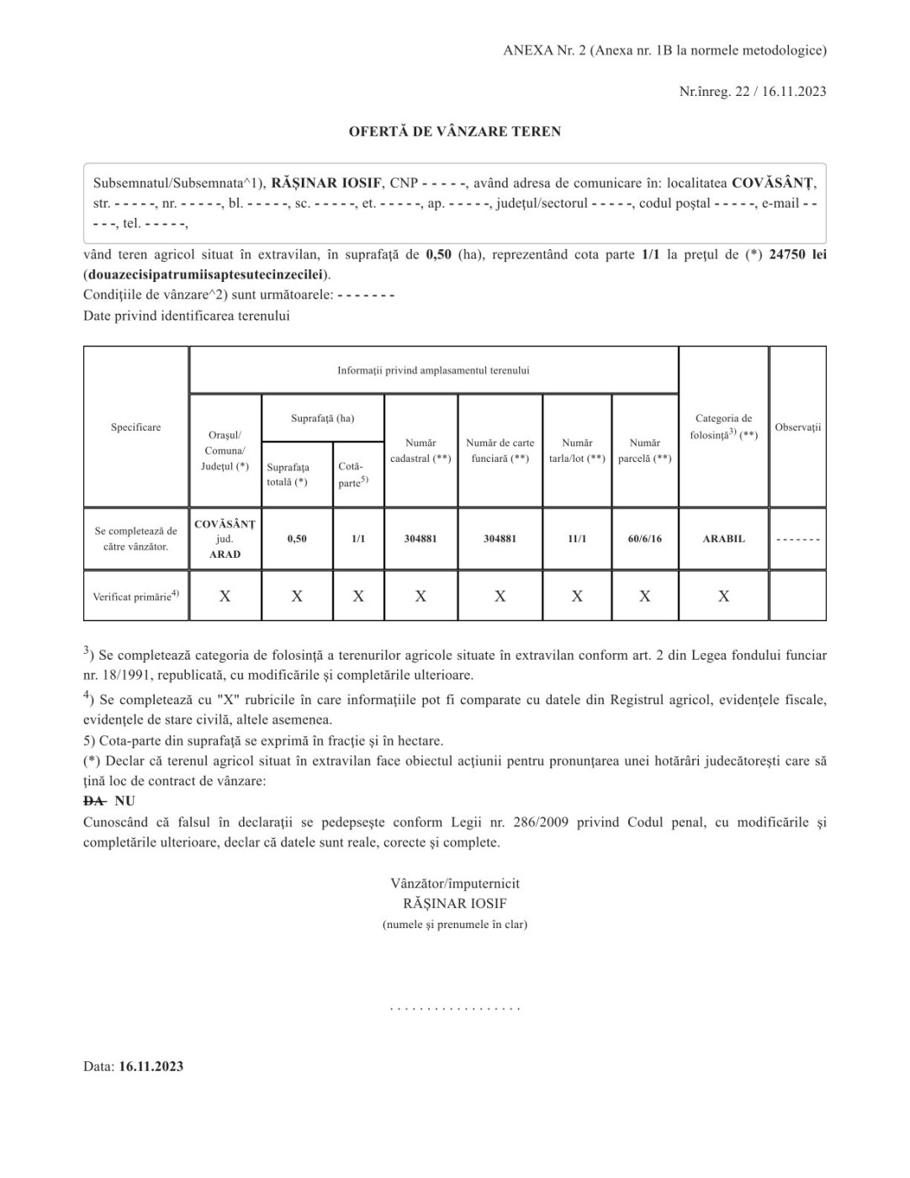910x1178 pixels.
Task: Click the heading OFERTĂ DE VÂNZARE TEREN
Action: tap(455, 131)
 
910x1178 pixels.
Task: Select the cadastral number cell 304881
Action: tap(421, 539)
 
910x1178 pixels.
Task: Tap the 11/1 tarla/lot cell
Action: tap(577, 539)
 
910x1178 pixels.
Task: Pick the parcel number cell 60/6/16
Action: tap(644, 539)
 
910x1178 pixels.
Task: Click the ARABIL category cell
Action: tap(723, 539)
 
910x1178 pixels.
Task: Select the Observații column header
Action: tap(797, 427)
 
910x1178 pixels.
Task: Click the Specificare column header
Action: tap(135, 427)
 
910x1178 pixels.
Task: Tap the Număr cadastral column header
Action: tap(421, 450)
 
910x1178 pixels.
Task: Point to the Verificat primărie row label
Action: tap(135, 596)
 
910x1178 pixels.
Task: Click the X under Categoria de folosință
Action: tap(723, 596)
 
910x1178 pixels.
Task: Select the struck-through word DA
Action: tap(93, 801)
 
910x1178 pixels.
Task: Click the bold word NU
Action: tap(124, 801)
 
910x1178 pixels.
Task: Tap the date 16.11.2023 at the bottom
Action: tap(151, 1066)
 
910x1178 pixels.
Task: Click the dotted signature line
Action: tap(455, 1007)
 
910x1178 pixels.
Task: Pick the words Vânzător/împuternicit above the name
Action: tap(455, 883)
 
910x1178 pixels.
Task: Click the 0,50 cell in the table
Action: tap(297, 539)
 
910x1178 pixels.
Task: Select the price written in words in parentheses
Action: tap(207, 274)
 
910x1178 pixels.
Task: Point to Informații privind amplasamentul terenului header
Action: tap(433, 370)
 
